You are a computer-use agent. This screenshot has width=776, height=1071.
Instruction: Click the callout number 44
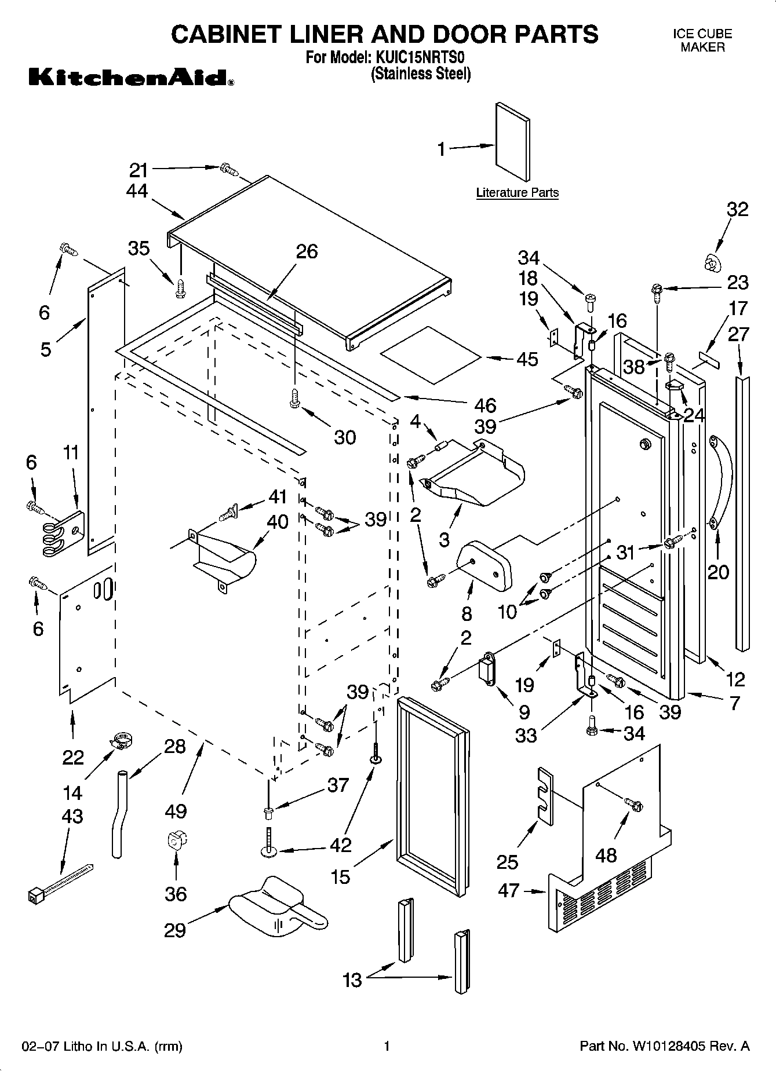137,191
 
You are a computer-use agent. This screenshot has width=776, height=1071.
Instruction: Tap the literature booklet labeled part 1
512,141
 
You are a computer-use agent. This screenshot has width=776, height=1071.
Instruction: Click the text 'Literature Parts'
517,193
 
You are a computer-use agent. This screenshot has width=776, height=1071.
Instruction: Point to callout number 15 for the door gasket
341,876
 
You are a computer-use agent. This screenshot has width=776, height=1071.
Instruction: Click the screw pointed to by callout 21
229,169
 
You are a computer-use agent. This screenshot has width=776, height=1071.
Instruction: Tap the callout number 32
737,210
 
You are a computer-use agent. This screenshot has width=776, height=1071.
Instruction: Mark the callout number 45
527,359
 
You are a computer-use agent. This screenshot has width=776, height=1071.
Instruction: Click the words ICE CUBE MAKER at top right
702,41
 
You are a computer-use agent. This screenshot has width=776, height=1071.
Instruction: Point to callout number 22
73,757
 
